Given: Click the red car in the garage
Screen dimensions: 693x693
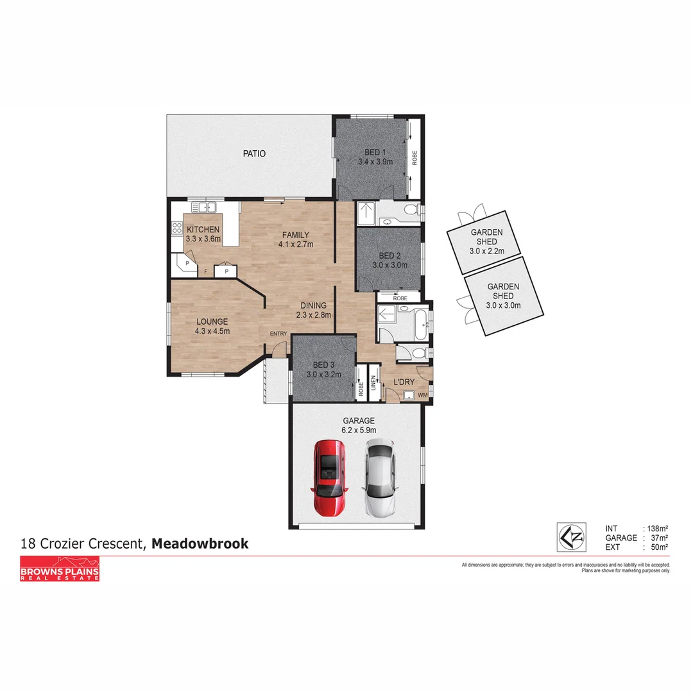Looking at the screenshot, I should [x=329, y=478].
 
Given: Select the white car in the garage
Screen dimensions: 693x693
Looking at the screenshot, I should [x=379, y=478].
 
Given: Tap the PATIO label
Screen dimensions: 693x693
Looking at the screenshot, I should [x=254, y=153].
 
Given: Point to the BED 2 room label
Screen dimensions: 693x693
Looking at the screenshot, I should [x=389, y=254].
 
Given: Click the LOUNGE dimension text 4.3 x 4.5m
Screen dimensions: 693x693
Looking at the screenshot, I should [x=212, y=331].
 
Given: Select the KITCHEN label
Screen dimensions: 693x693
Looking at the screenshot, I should [x=203, y=230].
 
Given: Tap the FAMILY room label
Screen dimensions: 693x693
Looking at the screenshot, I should [x=294, y=235].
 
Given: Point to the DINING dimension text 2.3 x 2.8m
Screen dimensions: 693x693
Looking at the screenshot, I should [x=313, y=315].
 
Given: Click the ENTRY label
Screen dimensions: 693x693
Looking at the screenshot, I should [x=278, y=333].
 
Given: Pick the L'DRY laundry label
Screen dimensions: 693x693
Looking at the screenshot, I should [x=404, y=382].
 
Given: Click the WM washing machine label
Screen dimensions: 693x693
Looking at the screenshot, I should [x=422, y=395].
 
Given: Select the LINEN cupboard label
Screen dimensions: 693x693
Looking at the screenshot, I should [x=373, y=383].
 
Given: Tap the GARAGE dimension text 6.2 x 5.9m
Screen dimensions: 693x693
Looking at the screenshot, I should [x=358, y=430].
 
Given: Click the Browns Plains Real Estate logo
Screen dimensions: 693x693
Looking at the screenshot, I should [x=60, y=569].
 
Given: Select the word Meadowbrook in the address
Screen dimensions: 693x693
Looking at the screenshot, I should [x=200, y=543].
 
